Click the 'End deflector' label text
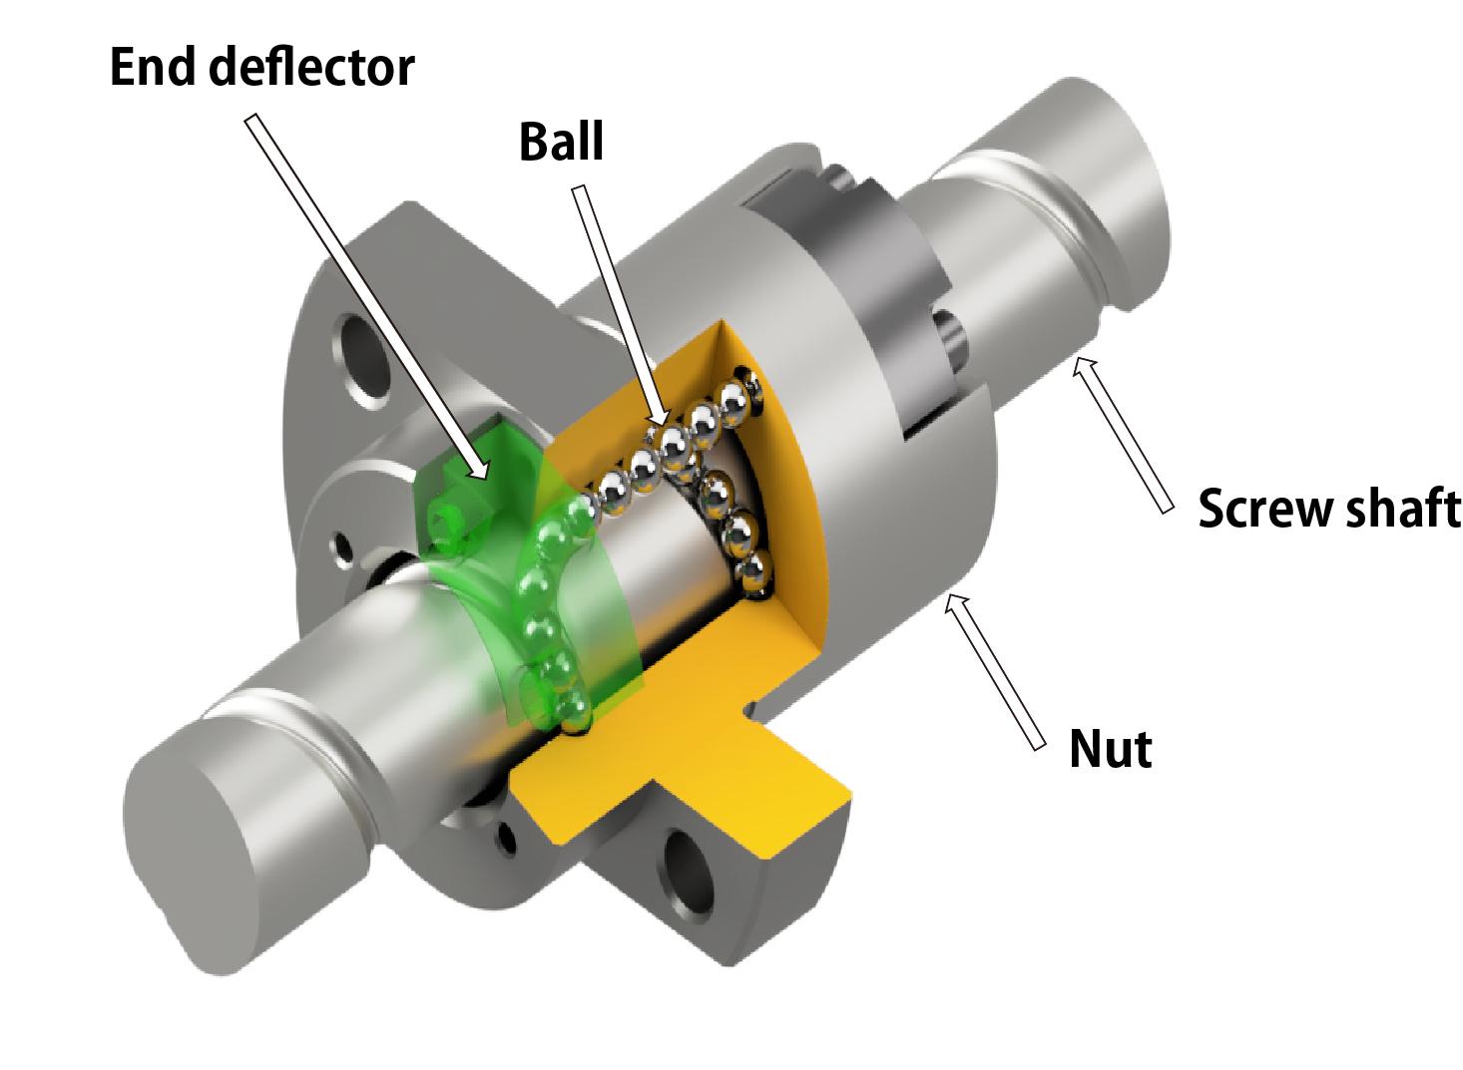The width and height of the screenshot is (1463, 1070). tap(261, 68)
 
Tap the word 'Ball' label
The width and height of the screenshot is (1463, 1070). tap(561, 142)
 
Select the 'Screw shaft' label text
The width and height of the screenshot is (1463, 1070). tap(1328, 509)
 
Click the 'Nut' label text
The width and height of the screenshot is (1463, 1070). tap(1110, 749)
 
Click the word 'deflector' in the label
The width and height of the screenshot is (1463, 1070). tap(312, 68)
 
